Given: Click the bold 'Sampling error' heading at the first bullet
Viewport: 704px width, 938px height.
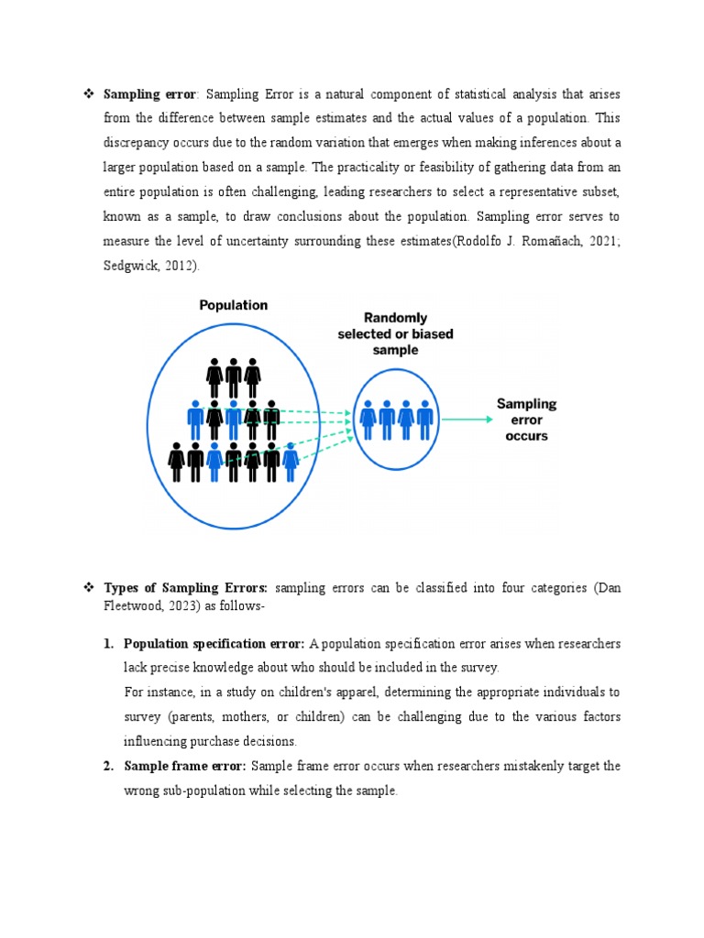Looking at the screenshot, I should (x=149, y=93).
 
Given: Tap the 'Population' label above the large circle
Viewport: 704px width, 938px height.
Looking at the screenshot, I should (x=234, y=305).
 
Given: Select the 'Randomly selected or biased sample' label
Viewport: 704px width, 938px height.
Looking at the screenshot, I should (x=395, y=334).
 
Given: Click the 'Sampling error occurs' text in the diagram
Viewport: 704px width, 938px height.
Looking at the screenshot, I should (x=526, y=419).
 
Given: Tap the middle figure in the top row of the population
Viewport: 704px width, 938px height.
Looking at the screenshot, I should (x=234, y=376).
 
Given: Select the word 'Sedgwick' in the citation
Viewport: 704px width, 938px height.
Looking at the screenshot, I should (x=128, y=266).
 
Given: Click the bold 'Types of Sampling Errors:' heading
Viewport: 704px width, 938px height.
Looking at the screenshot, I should (x=186, y=587).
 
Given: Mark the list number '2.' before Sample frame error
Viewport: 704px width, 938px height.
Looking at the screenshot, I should (x=108, y=766).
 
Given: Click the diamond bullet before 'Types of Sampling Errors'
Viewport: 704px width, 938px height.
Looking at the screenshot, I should (x=89, y=587).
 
